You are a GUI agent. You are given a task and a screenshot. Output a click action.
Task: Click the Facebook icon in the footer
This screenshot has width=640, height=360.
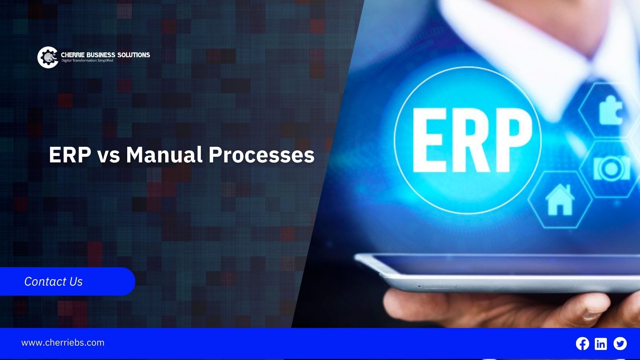pos(582,344)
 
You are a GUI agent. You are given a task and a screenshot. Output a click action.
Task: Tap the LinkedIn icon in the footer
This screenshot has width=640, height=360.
pos(601,344)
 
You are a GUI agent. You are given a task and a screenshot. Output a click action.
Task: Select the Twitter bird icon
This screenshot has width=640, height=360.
pos(620,344)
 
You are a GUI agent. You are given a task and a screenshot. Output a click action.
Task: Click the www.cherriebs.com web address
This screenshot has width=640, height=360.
pos(63,342)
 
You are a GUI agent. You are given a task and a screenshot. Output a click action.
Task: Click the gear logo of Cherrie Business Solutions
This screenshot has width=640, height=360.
pos(48,58)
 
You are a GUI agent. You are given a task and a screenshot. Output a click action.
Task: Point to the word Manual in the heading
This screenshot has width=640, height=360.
pos(164,155)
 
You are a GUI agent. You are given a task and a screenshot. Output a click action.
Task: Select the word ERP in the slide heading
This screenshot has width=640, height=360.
pos(70,155)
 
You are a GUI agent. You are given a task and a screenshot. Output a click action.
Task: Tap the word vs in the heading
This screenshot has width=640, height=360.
pos(108,157)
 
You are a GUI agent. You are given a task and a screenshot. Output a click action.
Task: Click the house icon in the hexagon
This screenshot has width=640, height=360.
pos(560,200)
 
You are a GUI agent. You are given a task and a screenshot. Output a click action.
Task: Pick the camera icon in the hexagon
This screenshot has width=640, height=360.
pos(611,168)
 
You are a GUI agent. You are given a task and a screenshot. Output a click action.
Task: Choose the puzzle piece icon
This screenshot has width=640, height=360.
pos(610,110)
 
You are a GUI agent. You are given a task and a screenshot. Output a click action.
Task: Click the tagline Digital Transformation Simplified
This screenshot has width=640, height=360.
pos(88,60)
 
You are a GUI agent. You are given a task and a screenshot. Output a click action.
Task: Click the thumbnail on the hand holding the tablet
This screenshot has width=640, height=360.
pos(594,310)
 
